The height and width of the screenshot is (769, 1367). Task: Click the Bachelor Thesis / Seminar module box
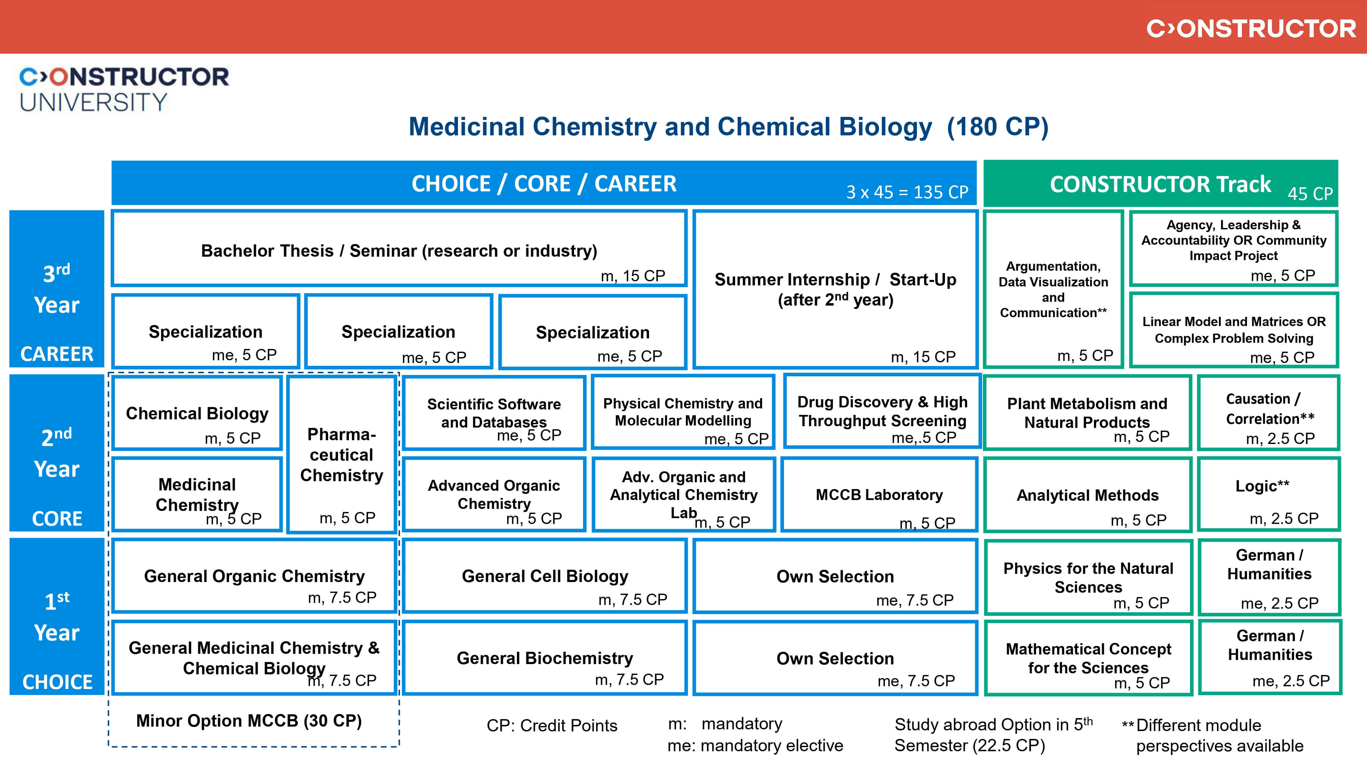coord(399,249)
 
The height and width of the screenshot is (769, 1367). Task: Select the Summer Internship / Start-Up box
coord(835,289)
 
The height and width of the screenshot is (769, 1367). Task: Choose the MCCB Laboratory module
coord(879,495)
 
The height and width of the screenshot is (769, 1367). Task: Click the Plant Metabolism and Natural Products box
coord(1087,413)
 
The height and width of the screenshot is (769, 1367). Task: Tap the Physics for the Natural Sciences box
coord(1088,577)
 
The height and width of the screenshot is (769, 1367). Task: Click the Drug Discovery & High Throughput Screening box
coord(882,411)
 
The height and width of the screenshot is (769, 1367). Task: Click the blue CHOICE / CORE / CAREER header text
coord(544,184)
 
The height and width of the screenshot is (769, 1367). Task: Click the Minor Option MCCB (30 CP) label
coord(249,721)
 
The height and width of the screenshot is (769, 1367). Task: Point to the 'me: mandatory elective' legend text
coord(755,746)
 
